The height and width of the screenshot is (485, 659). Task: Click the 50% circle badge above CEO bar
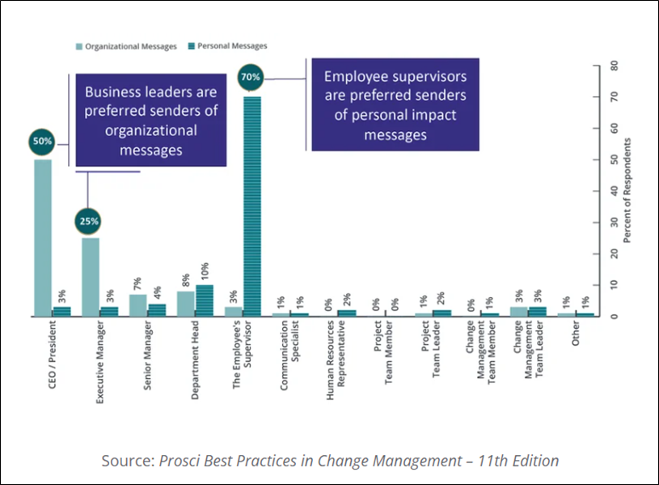coord(43,141)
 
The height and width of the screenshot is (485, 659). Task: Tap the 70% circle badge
coord(251,78)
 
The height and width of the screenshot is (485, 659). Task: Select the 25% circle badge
coord(90,220)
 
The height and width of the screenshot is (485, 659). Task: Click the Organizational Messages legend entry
coord(127,46)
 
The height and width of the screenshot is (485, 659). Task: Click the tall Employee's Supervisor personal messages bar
coord(251,206)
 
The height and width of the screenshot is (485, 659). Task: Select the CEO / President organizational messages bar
coord(43,238)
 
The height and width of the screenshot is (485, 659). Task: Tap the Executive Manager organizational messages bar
coord(91,277)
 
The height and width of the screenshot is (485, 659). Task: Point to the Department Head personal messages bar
coord(204,300)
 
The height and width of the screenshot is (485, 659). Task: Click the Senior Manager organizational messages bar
coord(138,304)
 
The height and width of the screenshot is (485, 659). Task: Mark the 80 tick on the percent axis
coord(615,66)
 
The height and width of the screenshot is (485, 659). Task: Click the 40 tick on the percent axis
coord(615,191)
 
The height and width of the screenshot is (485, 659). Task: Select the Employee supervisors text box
coord(395,105)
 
